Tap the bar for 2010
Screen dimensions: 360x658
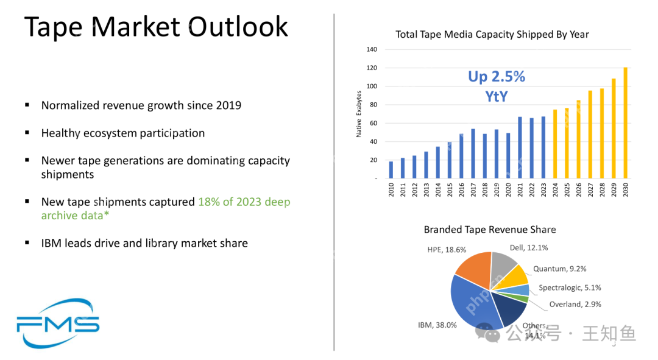pos(391,170)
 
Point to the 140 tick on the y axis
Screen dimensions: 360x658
pos(372,49)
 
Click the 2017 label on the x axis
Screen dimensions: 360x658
pos(473,189)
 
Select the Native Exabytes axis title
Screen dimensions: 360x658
pos(359,114)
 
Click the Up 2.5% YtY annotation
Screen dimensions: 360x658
pos(497,85)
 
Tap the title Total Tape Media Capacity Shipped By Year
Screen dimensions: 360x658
pos(492,34)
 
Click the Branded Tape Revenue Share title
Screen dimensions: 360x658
pos(490,230)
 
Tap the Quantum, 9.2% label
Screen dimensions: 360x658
pos(560,269)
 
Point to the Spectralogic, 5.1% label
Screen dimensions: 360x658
pos(570,288)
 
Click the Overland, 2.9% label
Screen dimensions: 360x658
pos(575,305)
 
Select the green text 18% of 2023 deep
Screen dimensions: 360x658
pos(244,202)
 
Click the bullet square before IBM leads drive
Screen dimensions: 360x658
pos(27,242)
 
